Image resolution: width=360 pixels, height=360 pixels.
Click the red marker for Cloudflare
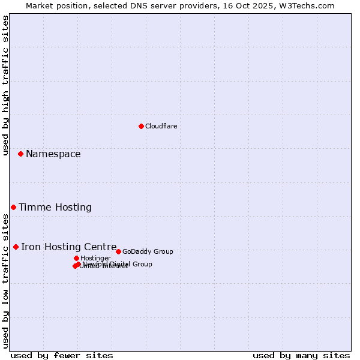pos(141,126)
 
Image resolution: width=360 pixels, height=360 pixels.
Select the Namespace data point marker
pos(20,154)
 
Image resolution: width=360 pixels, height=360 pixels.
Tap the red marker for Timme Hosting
pos(13,207)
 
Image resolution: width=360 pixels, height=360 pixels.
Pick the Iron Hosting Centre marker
pos(16,247)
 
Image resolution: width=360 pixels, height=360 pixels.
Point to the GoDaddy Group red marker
pos(118,251)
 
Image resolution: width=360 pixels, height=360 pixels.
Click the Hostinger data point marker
pos(76,258)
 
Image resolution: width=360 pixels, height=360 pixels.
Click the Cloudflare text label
pos(161,126)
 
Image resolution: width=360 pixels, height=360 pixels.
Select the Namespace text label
pos(53,154)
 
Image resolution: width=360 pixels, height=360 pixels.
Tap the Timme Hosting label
pos(55,208)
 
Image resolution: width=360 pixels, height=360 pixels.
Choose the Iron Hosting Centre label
pos(68,247)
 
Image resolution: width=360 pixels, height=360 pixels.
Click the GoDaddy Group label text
pos(148,251)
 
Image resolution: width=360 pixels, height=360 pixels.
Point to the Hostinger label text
pos(95,258)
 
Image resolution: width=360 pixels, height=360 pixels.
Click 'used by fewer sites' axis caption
pos(62,355)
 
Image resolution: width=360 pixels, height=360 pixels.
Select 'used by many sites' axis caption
pos(301,355)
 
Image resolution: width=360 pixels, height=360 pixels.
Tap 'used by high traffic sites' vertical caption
pos(5,85)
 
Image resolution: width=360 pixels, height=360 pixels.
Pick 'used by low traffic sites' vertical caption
pos(5,281)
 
